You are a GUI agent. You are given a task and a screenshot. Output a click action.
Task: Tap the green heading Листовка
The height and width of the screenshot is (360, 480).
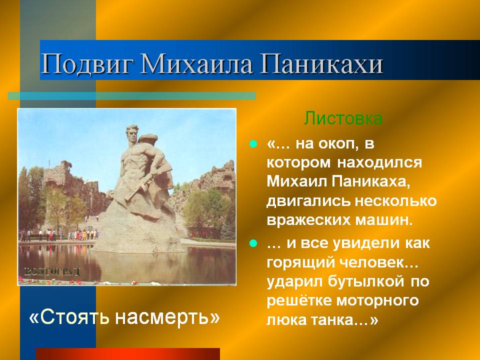343,118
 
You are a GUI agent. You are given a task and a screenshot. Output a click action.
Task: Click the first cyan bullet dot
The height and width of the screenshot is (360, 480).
253,143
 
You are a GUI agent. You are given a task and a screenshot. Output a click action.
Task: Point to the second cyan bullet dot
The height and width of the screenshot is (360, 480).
253,243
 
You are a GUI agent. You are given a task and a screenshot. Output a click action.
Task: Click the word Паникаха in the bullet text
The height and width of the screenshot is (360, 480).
370,181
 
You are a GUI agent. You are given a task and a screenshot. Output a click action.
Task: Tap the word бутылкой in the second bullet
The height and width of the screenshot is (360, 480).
366,281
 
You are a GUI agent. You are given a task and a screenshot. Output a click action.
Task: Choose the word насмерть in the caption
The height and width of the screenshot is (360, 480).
167,317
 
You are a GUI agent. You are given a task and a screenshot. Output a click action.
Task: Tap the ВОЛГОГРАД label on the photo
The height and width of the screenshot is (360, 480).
52,271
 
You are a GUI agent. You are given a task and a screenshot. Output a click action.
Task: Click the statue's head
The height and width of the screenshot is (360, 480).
132,133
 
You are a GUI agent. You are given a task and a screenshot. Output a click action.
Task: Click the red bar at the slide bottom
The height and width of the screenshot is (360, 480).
128,354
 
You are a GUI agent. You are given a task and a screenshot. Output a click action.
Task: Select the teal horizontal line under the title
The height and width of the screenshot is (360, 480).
132,96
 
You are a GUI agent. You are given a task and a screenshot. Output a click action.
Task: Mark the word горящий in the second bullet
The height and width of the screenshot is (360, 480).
299,262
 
